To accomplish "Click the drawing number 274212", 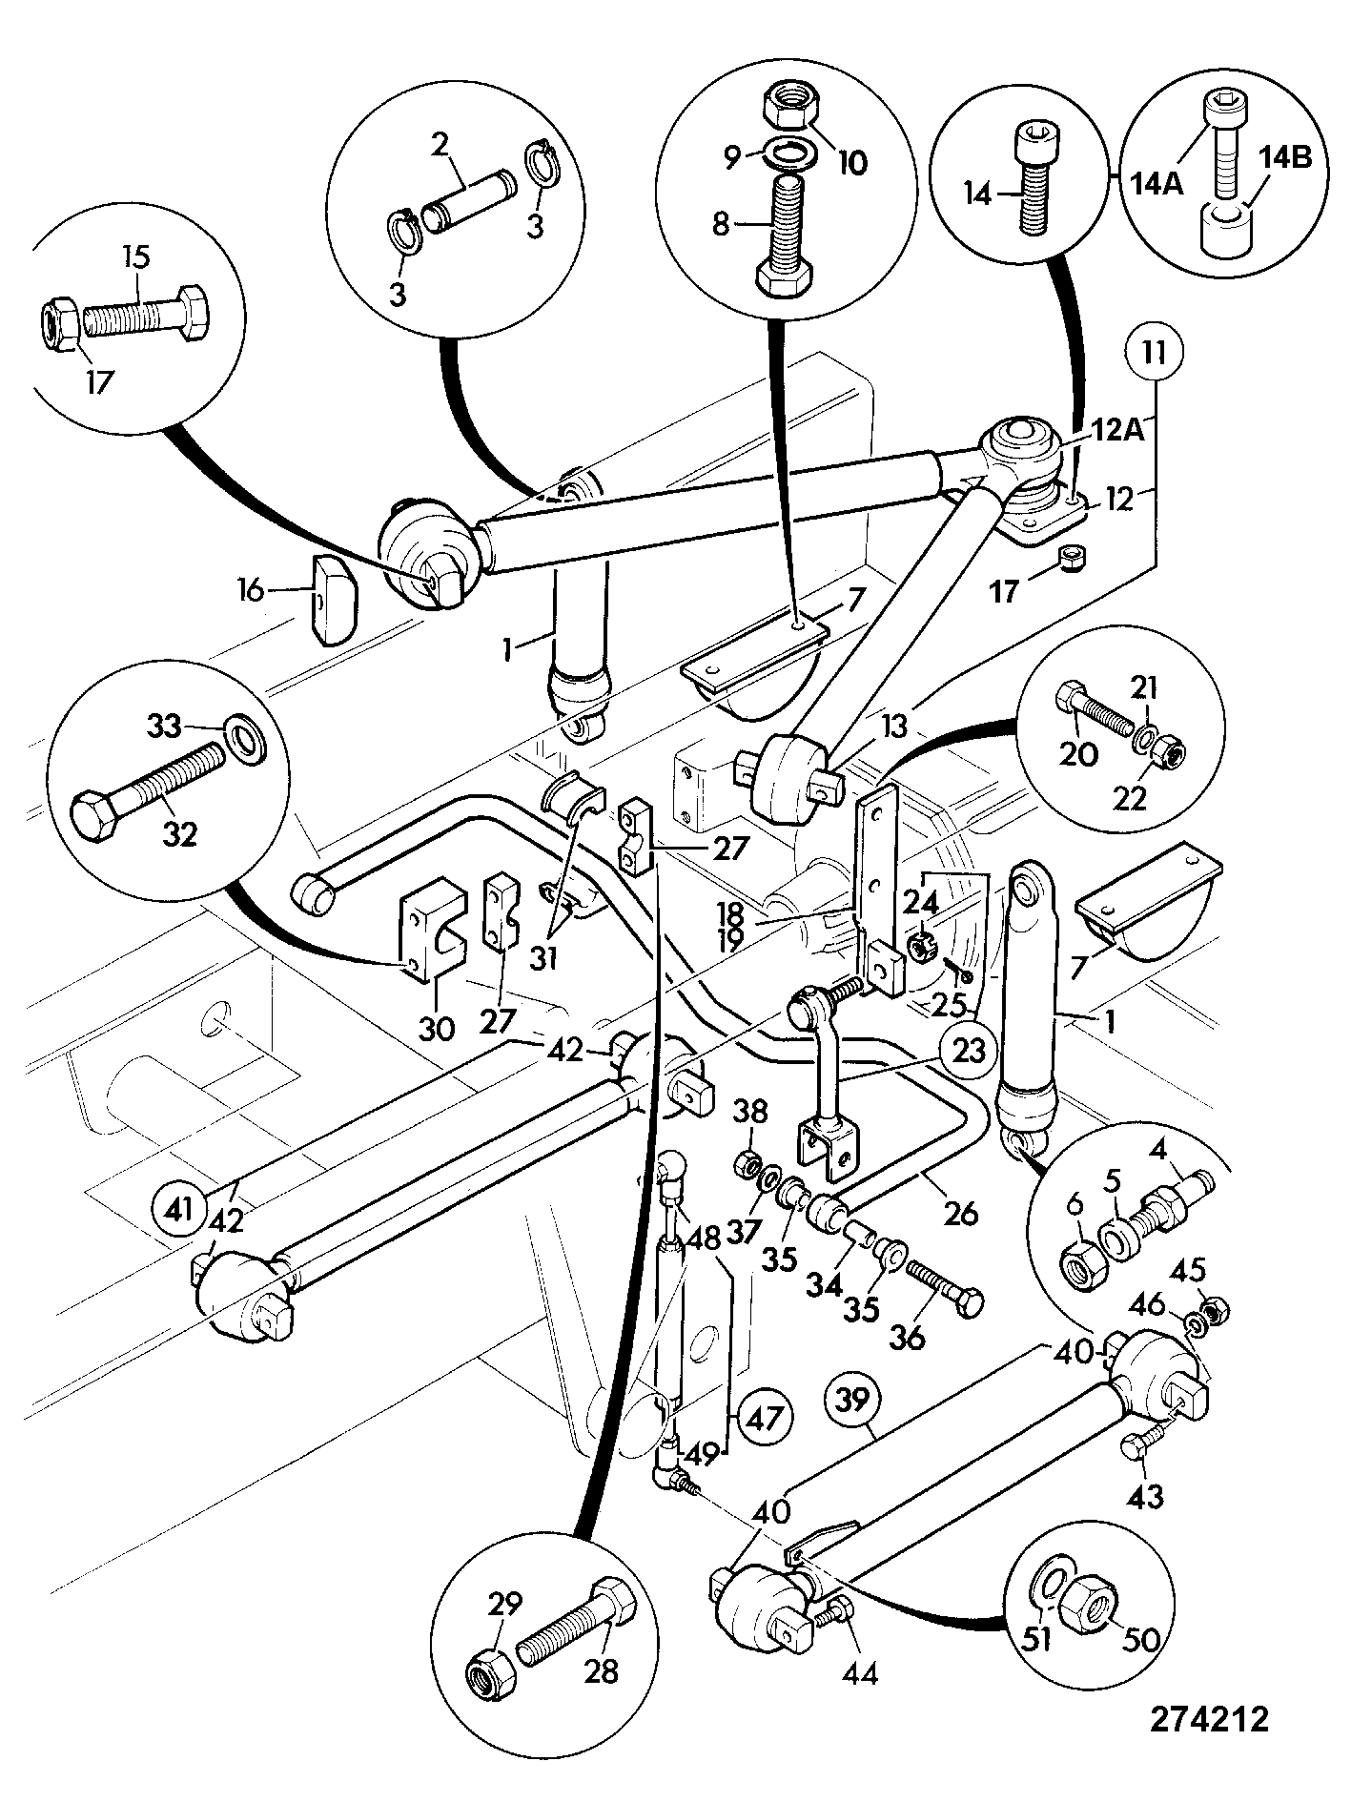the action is click(x=1209, y=1720).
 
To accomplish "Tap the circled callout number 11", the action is click(x=1155, y=353).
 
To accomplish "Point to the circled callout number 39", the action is click(x=853, y=1400).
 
